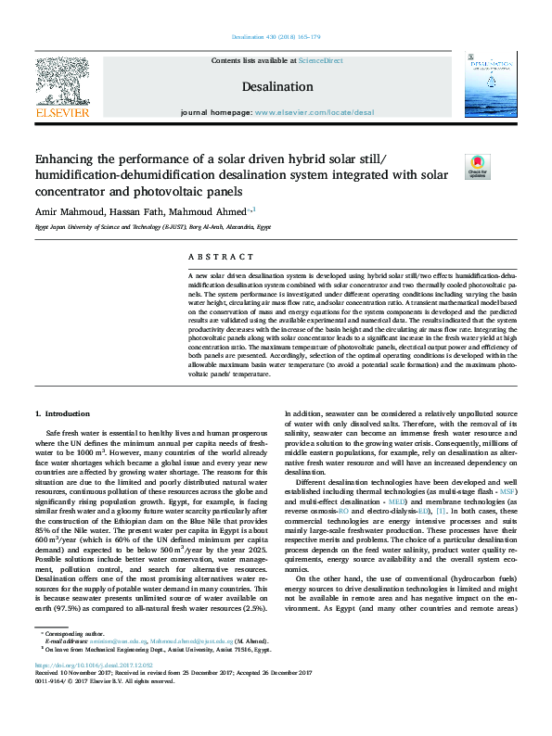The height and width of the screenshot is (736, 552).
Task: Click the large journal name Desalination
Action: tap(276, 86)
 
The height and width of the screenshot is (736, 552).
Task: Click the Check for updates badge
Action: tap(478, 168)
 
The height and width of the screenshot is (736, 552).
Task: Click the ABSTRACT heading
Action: tap(221, 256)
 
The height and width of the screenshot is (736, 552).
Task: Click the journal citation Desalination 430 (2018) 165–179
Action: tap(276, 37)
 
